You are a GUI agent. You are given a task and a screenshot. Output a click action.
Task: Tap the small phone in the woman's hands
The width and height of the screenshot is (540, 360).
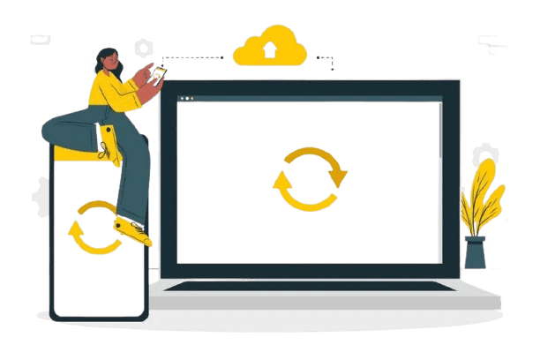pyautogui.click(x=159, y=73)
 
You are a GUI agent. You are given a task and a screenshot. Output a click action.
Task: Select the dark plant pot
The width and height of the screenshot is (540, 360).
pyautogui.click(x=475, y=252)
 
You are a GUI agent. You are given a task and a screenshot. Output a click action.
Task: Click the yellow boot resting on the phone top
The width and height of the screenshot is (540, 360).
pyautogui.click(x=107, y=141)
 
